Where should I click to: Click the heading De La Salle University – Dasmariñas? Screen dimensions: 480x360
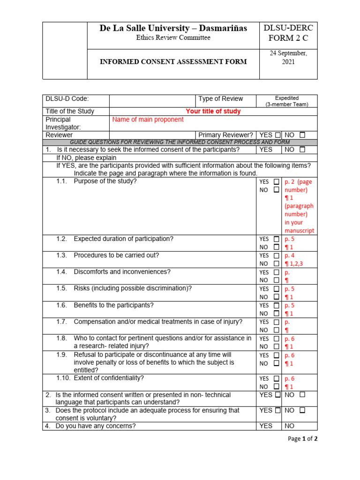[x=173, y=29]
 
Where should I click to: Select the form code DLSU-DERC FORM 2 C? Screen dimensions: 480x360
[x=288, y=33]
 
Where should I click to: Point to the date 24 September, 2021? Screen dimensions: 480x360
[x=288, y=58]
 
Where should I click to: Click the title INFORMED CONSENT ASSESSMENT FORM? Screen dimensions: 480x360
[x=173, y=62]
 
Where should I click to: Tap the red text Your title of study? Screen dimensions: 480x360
[x=213, y=112]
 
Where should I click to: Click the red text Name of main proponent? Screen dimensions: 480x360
[x=148, y=120]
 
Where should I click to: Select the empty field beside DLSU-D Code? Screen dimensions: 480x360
[x=152, y=99]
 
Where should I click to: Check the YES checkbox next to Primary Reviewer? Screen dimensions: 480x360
[x=278, y=135]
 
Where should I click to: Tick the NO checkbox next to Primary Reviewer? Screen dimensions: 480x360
[x=302, y=135]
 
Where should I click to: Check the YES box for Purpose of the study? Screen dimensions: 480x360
[x=277, y=181]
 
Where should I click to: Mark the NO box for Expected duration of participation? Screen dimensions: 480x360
[x=277, y=247]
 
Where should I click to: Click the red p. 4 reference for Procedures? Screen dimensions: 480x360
[x=290, y=255]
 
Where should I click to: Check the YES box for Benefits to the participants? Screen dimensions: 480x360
[x=277, y=306]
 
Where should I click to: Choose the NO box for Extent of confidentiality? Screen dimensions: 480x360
[x=277, y=387]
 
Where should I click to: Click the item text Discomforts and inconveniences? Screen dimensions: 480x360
[x=122, y=272]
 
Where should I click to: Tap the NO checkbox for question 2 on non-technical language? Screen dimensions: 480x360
[x=302, y=395]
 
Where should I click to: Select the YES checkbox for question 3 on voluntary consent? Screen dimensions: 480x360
[x=278, y=410]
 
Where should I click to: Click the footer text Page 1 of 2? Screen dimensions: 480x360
[x=303, y=439]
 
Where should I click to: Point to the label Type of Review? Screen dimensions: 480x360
[x=220, y=99]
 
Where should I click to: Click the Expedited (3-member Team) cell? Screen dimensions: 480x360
[x=286, y=101]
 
